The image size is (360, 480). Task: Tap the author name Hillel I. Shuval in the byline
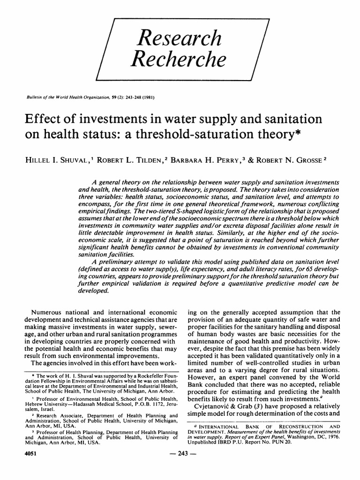click(60, 160)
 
